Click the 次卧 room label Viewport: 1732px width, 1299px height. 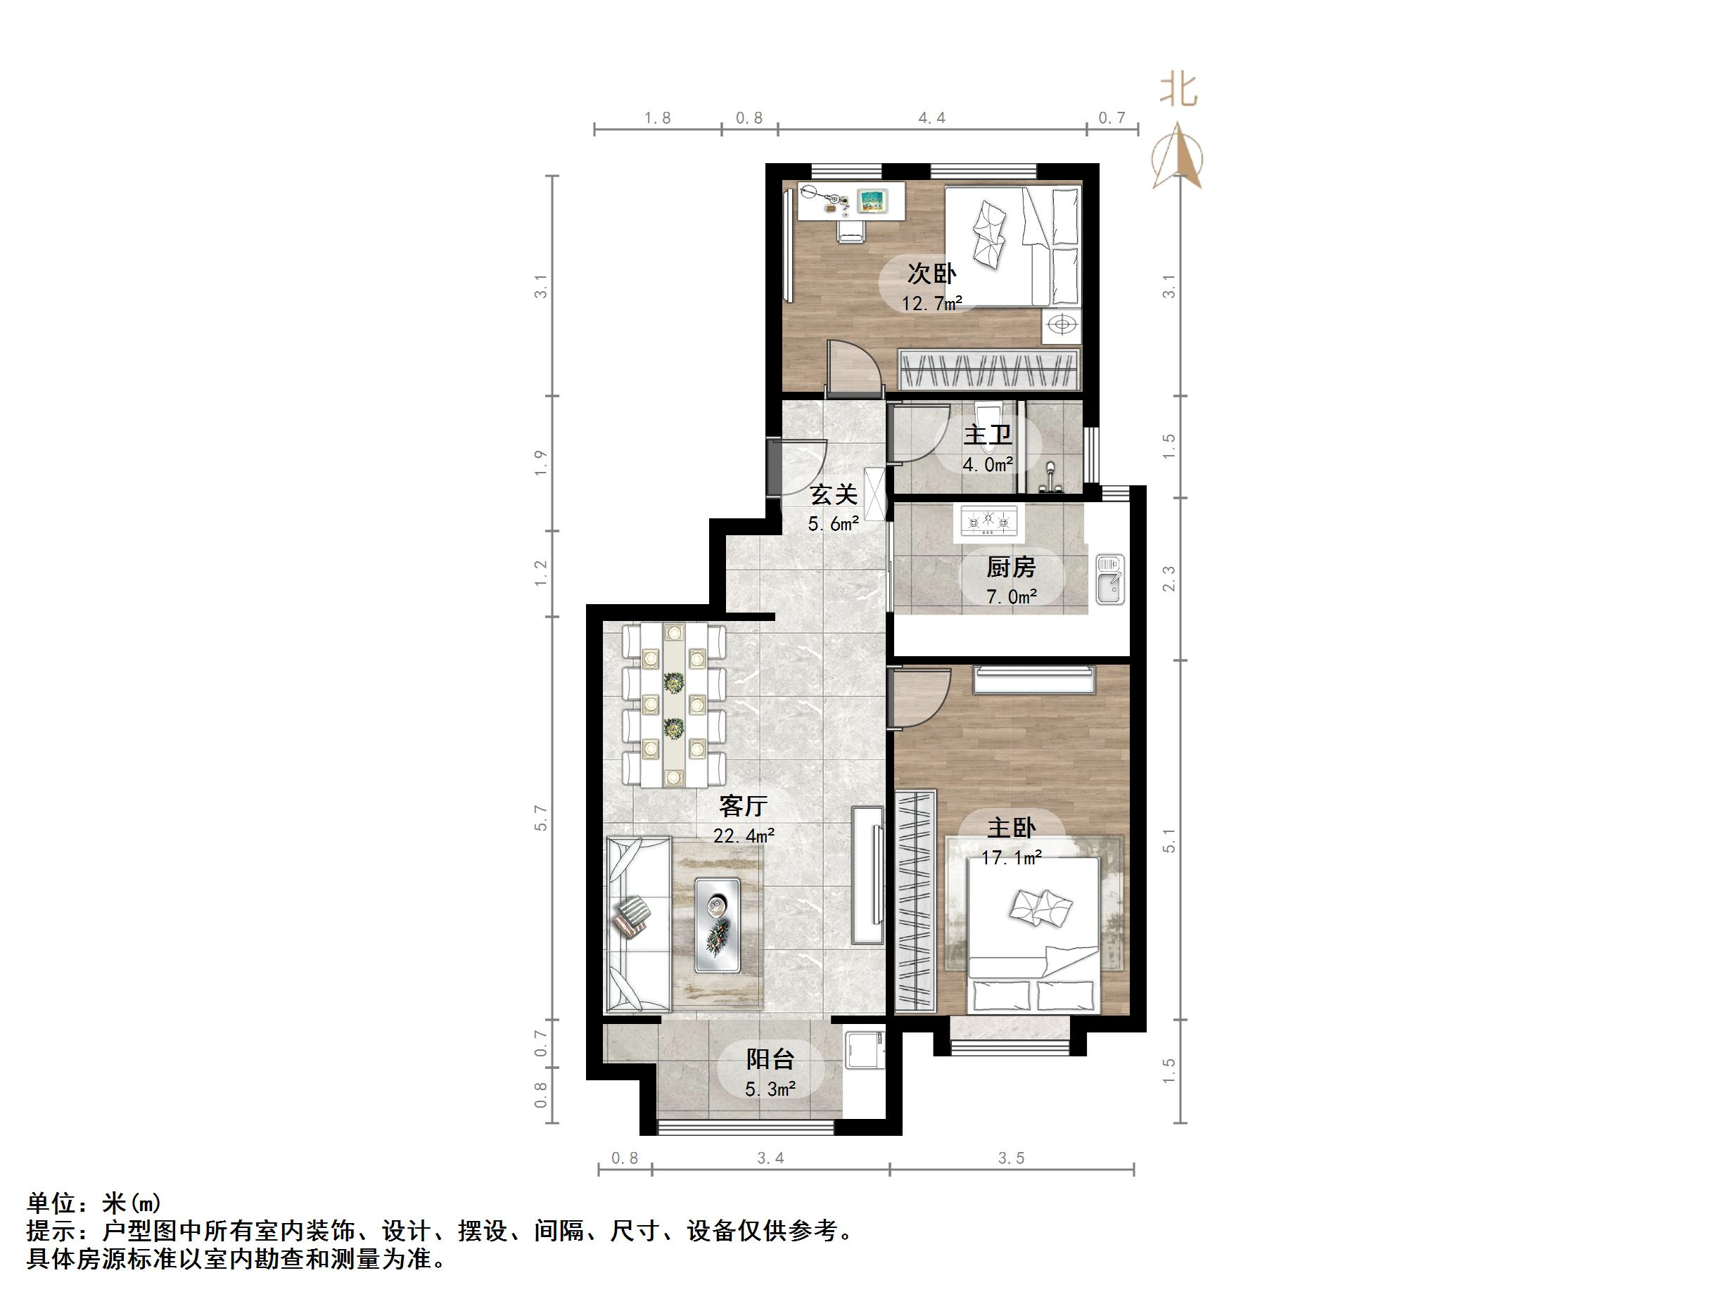pos(931,274)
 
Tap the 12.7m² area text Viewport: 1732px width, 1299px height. pos(931,303)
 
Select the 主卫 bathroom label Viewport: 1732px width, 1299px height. pos(988,435)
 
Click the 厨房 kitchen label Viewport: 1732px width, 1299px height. pos(1011,567)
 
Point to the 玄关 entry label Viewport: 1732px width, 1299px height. pos(833,495)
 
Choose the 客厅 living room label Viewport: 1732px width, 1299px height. pos(743,806)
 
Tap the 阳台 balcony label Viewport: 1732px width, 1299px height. pos(770,1059)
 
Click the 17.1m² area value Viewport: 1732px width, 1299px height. pos(1011,857)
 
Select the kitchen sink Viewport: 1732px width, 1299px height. pos(1109,580)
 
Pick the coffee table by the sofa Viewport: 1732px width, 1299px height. pos(718,925)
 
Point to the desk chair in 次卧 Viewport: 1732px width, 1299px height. pos(851,229)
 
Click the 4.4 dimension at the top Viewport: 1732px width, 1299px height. pos(931,118)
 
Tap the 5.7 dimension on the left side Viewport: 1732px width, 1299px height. pos(541,817)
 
